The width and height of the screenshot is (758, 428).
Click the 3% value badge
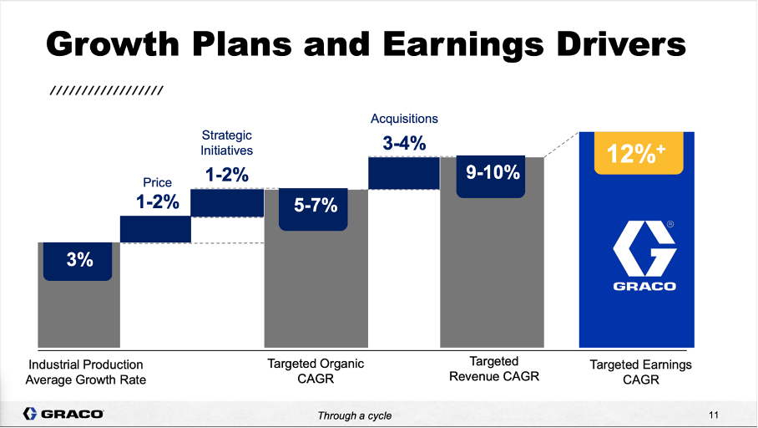[79, 261]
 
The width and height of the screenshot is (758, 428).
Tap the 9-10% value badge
[492, 174]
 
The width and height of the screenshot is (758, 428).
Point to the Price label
[159, 181]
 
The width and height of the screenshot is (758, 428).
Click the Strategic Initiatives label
[226, 143]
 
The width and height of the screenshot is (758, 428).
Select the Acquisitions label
[404, 119]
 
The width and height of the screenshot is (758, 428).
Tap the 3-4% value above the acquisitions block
[404, 143]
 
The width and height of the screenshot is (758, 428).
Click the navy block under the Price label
[155, 229]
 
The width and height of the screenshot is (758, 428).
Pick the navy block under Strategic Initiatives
[227, 202]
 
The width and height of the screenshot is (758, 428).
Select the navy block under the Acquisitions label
[404, 172]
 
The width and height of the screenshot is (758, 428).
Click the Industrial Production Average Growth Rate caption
[85, 372]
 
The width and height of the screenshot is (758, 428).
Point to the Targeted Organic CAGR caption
[316, 372]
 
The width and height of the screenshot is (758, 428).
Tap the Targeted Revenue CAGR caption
[494, 369]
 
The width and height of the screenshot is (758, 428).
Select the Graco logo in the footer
[63, 414]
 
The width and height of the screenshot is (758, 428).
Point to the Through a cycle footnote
[354, 415]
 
